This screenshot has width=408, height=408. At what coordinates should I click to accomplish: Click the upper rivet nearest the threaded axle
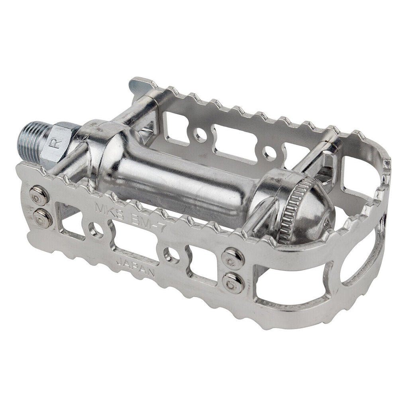(39, 196)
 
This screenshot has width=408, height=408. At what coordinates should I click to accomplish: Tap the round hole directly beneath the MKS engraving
(96, 230)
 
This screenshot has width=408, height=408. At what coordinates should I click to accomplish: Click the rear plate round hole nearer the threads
(200, 136)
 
